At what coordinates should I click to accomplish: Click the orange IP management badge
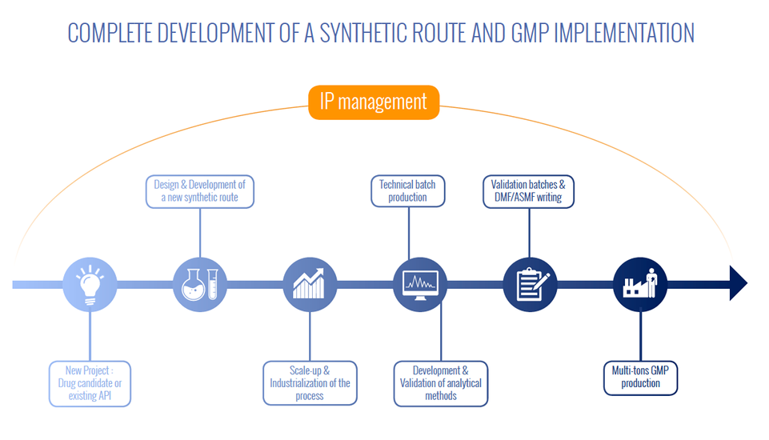click(374, 102)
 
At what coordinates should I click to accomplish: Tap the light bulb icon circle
click(90, 285)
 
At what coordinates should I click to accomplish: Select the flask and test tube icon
click(199, 285)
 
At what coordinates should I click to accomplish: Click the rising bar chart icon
click(310, 285)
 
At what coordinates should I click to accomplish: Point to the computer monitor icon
click(420, 285)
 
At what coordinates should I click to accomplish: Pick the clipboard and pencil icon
click(531, 285)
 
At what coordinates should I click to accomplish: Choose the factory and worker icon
click(640, 285)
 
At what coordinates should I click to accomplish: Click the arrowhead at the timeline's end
click(739, 283)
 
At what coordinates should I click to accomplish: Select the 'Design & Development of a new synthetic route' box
click(200, 192)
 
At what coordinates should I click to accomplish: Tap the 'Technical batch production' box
click(407, 191)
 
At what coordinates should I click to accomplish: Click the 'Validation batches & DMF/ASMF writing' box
click(528, 192)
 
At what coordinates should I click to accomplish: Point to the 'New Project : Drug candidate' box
click(90, 384)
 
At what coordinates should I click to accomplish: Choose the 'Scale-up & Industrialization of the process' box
click(310, 383)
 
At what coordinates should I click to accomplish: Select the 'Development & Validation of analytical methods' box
click(441, 384)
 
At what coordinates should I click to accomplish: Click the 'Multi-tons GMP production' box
click(640, 378)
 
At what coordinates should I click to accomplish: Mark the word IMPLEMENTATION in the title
click(624, 34)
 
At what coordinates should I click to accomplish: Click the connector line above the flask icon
click(200, 233)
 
